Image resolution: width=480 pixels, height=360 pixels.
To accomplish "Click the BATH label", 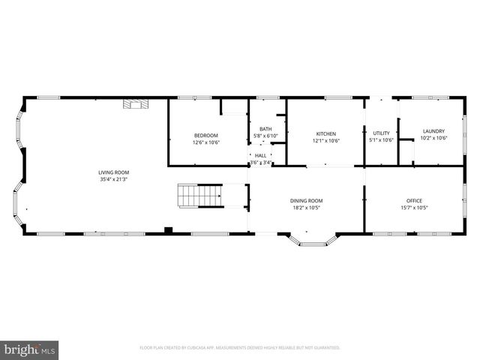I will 265,129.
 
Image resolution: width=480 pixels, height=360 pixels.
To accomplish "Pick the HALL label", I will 260,155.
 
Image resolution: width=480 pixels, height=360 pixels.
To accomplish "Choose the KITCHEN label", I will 325,133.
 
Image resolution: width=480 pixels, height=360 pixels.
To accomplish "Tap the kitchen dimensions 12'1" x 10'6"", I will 325,140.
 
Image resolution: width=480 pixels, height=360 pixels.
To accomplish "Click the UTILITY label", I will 381,133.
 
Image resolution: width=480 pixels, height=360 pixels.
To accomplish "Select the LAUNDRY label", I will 433,131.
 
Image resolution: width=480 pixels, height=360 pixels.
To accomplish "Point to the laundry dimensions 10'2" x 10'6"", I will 433,138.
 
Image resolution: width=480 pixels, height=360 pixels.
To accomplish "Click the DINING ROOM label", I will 307,200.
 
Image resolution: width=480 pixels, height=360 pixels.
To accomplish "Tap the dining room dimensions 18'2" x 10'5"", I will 307,207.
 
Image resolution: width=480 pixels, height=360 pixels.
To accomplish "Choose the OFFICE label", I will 414,200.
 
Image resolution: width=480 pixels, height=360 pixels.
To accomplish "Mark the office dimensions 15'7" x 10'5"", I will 414,207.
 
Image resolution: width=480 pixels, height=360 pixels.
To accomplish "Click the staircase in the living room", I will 200,196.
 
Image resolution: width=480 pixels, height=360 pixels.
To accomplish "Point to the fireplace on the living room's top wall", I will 136,104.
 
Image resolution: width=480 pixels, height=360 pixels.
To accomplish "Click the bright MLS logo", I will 31,349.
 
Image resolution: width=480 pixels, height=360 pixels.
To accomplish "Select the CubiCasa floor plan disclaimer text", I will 240,348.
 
